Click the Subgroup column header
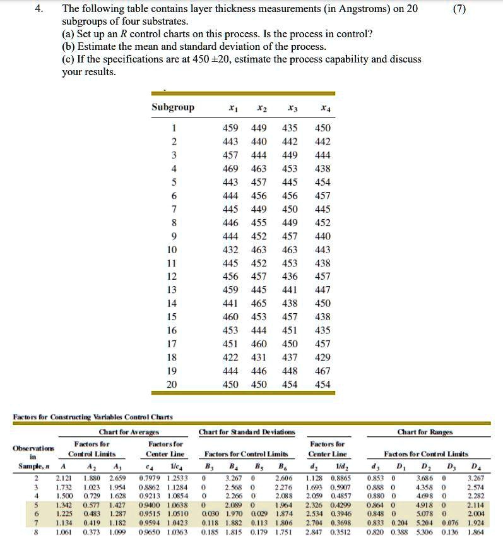click(173, 107)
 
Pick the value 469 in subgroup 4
click(231, 169)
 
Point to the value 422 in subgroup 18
click(231, 358)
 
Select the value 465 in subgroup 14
click(259, 304)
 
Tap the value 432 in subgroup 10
click(231, 250)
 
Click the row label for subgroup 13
click(173, 290)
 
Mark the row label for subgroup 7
click(173, 209)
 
